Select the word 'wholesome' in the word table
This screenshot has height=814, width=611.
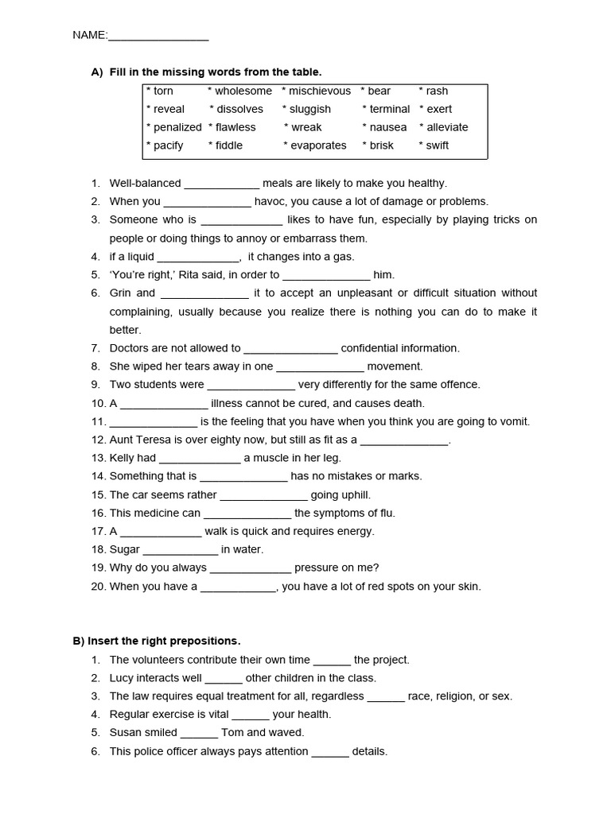(243, 91)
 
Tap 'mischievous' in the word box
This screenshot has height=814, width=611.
(319, 91)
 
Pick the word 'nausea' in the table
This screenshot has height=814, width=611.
(387, 127)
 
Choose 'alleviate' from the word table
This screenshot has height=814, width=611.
(447, 127)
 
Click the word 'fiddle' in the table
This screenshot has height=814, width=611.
(228, 145)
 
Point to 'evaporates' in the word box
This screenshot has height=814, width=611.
(318, 145)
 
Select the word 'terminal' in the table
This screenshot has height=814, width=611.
(389, 109)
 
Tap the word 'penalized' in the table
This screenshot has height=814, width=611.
(177, 127)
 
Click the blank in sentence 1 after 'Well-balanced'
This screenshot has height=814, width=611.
(221, 184)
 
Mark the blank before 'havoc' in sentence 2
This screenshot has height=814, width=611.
(207, 202)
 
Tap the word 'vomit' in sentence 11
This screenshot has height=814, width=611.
(513, 422)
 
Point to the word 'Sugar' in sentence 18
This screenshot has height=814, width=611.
(124, 549)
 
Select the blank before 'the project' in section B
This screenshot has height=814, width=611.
(332, 661)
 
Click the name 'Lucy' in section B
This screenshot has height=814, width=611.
(122, 678)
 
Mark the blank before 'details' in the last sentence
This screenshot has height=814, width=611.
(329, 752)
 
